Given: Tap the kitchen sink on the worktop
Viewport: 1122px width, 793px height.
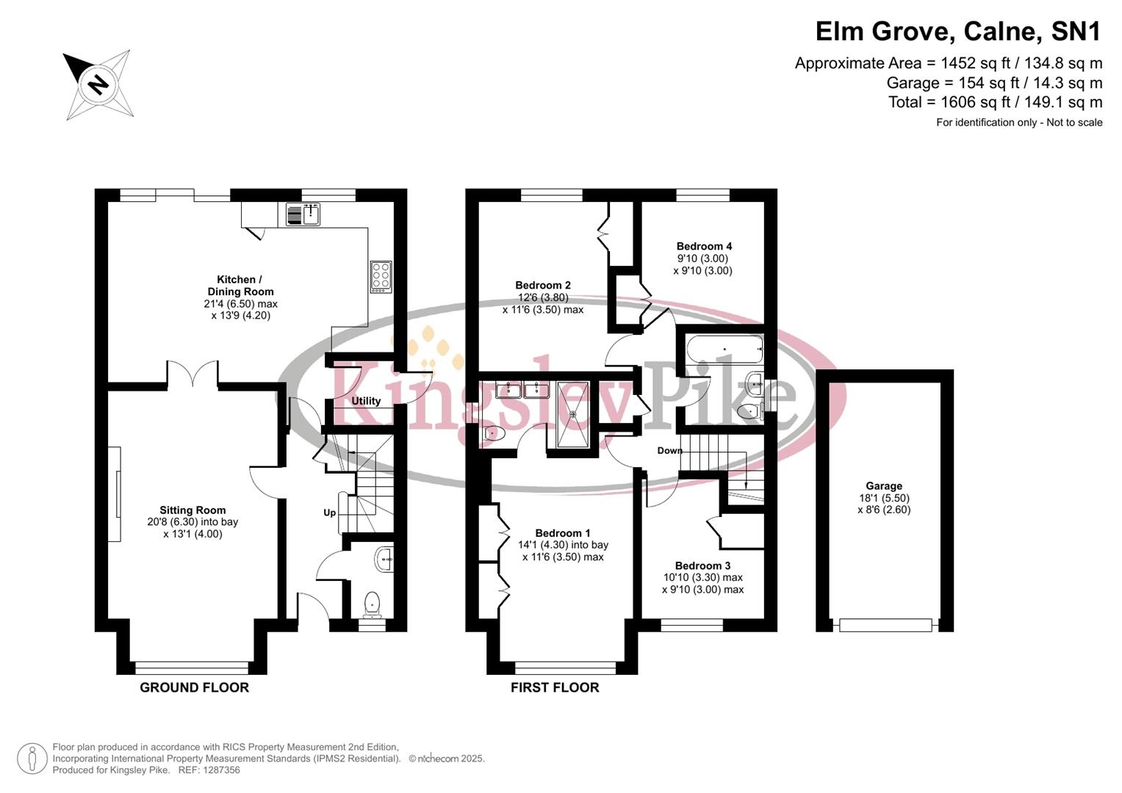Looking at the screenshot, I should [x=303, y=214].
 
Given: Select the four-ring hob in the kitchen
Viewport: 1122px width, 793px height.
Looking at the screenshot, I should [x=381, y=277].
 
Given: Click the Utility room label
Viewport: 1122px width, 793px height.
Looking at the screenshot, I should [x=366, y=401].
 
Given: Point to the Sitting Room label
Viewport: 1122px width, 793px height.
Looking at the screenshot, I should [x=193, y=510].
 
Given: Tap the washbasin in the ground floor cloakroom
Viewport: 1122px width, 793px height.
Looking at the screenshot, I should [x=384, y=560].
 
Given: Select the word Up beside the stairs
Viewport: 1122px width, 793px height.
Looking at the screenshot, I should [x=330, y=513].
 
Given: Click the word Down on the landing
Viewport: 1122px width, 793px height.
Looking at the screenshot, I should [x=669, y=450].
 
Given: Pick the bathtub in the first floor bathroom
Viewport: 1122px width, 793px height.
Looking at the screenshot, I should [x=724, y=350].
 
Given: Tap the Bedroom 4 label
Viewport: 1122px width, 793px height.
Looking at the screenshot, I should [x=704, y=246].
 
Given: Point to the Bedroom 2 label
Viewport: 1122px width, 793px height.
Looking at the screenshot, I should [x=543, y=285].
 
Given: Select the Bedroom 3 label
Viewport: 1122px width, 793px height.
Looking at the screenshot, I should [x=702, y=565].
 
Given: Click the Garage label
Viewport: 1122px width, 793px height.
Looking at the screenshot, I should [x=883, y=485].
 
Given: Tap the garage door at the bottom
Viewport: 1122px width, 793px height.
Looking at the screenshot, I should [x=885, y=625].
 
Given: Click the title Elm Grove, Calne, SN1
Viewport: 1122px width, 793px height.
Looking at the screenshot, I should [x=958, y=32].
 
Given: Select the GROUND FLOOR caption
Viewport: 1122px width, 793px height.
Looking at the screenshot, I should [x=194, y=687].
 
